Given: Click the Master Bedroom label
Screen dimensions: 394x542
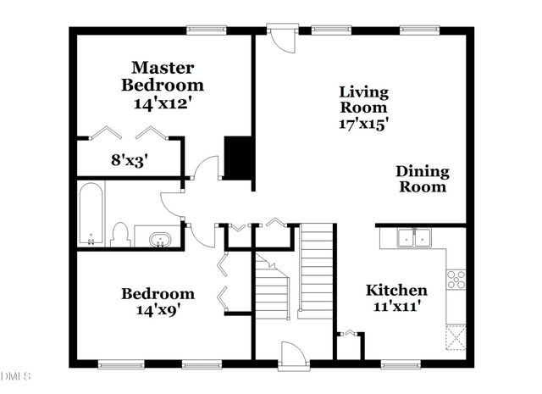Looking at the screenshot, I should tap(163, 76).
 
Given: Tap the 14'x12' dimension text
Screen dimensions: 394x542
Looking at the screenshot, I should tap(163, 103).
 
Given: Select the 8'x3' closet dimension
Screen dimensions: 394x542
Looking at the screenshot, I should tap(129, 158).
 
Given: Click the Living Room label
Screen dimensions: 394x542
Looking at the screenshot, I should tap(363, 99).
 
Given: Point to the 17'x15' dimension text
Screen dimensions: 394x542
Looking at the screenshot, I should tap(363, 123).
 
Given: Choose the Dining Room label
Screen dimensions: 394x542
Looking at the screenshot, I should tap(422, 179).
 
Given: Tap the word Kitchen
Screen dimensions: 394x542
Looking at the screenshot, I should tap(395, 291).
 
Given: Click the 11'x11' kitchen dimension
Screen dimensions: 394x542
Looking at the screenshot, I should tap(395, 308).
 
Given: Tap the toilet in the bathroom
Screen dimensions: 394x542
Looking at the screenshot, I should tap(120, 234).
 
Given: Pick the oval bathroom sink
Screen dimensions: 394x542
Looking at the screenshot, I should tap(158, 240).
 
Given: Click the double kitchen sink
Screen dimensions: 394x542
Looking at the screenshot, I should tap(413, 239).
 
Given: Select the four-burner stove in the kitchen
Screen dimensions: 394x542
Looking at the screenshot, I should tap(456, 277).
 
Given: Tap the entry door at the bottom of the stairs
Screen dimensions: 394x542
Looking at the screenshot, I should tap(290, 354).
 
